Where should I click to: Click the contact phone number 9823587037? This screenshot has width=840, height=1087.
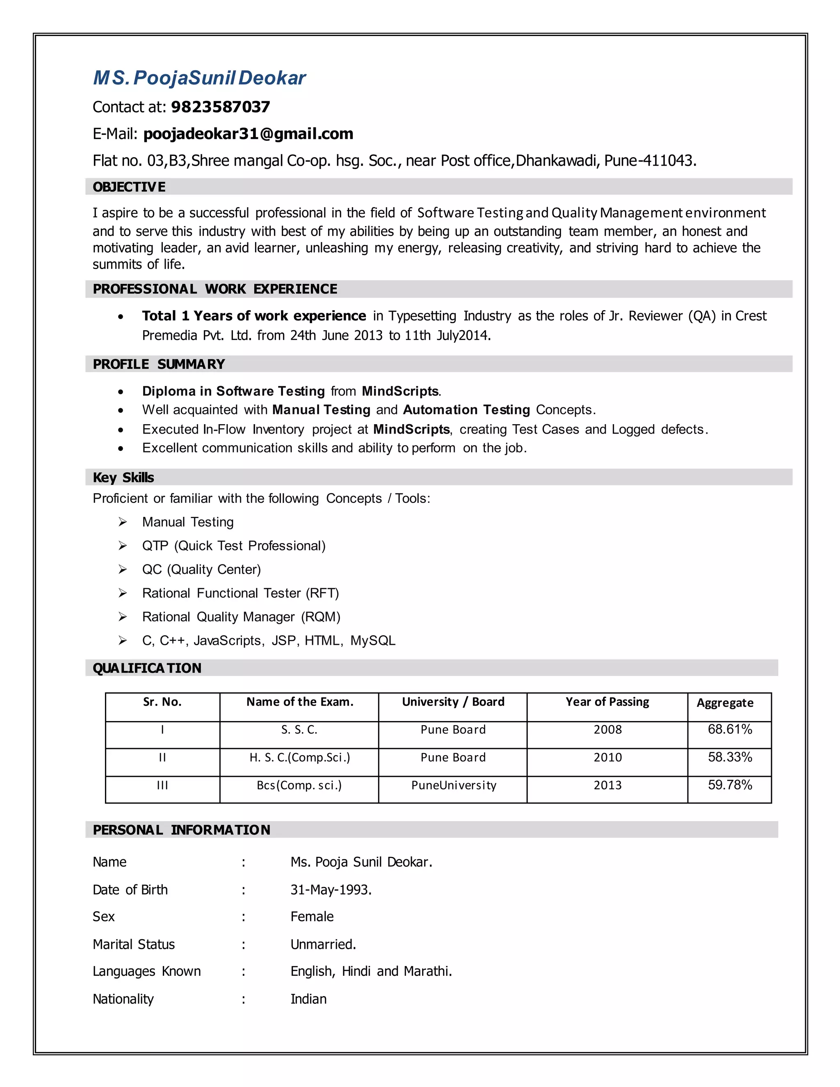220,107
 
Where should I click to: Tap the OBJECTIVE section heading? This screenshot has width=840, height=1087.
129,187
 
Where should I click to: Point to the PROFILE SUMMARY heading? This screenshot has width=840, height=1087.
159,364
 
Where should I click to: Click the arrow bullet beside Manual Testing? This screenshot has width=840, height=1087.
122,522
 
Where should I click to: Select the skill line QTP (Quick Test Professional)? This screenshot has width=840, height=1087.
233,546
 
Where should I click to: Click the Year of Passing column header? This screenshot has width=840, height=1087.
607,702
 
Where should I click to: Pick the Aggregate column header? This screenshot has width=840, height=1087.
725,703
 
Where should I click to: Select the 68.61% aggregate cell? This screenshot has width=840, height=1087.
730,730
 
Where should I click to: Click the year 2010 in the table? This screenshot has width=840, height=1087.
607,758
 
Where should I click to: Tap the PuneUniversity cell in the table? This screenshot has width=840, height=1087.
453,786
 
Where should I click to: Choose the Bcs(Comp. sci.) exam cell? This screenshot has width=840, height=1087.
299,786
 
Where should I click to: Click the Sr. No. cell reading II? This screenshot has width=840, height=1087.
162,758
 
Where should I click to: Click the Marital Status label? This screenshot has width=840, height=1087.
133,944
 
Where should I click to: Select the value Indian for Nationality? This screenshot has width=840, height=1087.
308,999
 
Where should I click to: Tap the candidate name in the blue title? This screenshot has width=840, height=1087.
200,78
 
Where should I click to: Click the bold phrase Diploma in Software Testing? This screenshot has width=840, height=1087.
233,391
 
